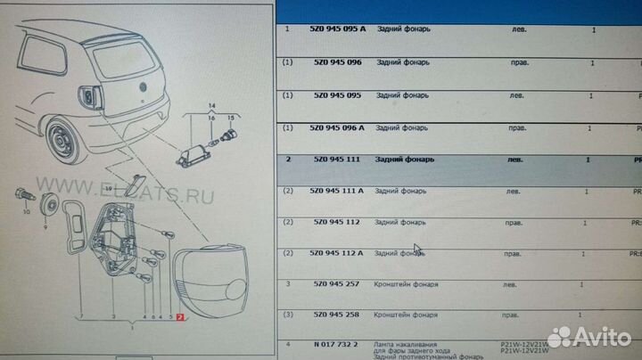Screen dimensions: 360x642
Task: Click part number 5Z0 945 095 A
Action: tap(338, 29)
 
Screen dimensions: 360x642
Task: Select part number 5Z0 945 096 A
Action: tap(338, 127)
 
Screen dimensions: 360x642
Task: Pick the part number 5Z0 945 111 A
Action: tap(338, 192)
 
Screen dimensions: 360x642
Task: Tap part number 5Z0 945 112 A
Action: tap(338, 253)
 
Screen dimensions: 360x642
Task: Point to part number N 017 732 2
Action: tap(332, 343)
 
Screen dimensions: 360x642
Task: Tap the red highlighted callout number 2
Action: tap(181, 317)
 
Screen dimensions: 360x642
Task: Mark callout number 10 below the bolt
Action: tap(26, 214)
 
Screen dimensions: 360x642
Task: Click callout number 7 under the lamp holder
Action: tap(80, 316)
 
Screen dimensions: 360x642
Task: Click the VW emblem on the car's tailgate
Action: tap(140, 86)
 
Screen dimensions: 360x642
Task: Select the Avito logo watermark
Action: tap(588, 337)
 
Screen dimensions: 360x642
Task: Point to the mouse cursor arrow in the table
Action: tap(418, 251)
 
